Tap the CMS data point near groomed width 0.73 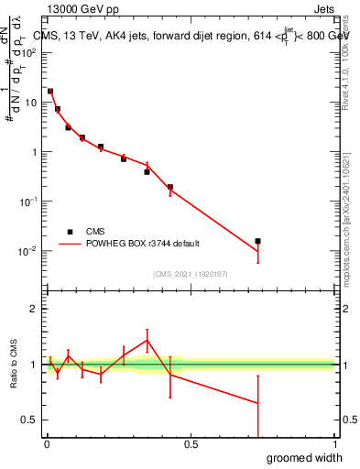258,241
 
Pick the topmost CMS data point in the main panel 50,92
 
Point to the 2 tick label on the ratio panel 35,309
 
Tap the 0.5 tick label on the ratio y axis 31,420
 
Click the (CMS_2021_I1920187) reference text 190,273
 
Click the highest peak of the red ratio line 147,341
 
